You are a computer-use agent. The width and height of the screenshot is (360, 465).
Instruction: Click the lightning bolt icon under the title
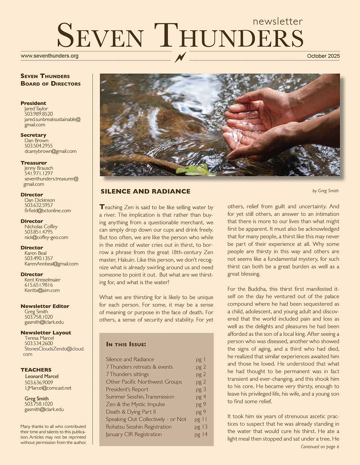click(180, 57)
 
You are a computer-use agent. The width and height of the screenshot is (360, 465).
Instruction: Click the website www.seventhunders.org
click(49, 56)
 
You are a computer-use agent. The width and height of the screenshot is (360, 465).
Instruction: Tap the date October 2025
click(323, 56)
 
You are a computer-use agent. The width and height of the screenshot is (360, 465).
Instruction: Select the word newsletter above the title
click(277, 21)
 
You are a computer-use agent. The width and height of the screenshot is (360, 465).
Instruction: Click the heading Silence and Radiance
click(145, 191)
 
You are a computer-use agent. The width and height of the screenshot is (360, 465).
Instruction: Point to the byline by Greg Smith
click(325, 191)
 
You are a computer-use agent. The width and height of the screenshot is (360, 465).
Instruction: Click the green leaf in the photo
click(193, 170)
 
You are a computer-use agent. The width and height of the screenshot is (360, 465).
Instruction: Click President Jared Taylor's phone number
click(39, 114)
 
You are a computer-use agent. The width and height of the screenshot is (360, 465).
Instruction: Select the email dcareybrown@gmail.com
click(50, 151)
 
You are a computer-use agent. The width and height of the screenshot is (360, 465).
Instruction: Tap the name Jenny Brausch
click(39, 168)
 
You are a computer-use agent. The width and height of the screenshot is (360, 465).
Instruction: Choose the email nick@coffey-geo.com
click(46, 237)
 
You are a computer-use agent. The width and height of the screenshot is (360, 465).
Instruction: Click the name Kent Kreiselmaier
click(42, 280)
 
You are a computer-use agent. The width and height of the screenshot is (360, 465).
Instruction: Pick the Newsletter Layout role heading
click(46, 333)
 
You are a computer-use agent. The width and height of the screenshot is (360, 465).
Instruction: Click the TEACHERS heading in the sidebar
click(36, 370)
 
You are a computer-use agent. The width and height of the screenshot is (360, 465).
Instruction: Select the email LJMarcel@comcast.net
click(48, 388)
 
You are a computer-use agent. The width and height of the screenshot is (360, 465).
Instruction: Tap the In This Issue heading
click(126, 344)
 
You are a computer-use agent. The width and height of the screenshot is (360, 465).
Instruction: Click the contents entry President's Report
click(127, 389)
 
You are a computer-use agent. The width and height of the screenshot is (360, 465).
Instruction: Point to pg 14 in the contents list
click(201, 434)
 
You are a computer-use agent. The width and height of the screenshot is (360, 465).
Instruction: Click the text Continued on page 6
click(319, 447)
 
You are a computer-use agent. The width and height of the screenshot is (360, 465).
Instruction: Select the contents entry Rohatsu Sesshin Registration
click(138, 427)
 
